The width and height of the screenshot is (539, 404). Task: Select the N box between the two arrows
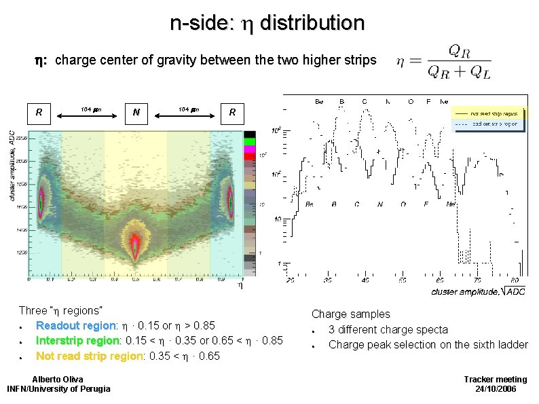[x=137, y=112]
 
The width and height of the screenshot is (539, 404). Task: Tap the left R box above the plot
[x=40, y=112]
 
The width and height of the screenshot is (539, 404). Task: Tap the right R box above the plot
[x=232, y=112]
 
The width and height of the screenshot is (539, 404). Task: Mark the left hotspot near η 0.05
[x=40, y=202]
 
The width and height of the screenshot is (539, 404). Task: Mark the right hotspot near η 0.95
[x=231, y=202]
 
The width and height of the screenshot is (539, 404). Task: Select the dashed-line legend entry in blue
[x=487, y=124]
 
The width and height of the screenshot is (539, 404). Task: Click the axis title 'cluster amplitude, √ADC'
[x=478, y=291]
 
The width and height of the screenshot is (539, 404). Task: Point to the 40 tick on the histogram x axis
[x=365, y=280]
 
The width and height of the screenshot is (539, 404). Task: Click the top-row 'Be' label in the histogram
[x=318, y=101]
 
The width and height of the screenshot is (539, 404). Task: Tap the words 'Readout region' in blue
[x=70, y=325]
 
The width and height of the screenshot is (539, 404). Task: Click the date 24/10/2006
[x=495, y=388]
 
